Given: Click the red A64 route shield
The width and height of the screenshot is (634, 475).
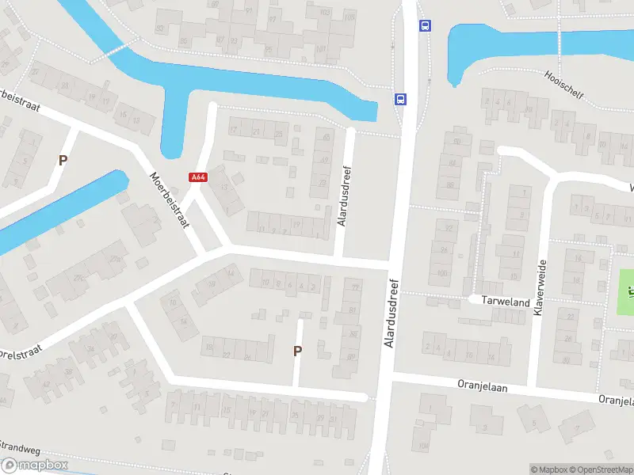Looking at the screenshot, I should (x=198, y=177).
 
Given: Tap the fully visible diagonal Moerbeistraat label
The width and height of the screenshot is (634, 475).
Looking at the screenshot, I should (x=170, y=201).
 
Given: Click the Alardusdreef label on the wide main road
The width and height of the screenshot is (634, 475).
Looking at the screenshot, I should (x=390, y=313).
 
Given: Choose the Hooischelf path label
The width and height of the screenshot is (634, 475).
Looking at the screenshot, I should (x=563, y=85).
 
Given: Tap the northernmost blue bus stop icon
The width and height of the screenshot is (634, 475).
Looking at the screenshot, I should (x=426, y=25).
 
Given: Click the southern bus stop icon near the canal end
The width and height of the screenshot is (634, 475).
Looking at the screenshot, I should (x=401, y=99).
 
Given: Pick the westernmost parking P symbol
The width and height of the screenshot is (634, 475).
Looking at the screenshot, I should (x=63, y=160).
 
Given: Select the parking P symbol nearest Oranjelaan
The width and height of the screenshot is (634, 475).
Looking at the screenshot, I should (x=298, y=351).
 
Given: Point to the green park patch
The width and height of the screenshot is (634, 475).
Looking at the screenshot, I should (x=626, y=290).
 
